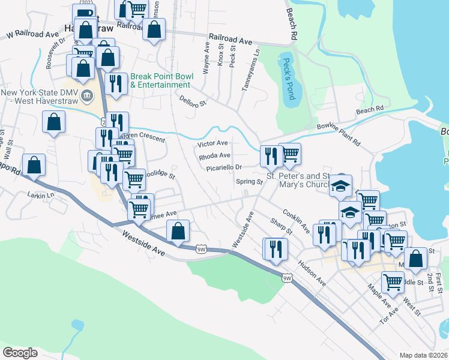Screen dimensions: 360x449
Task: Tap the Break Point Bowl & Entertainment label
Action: coord(160,80)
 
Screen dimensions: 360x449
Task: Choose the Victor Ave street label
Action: coord(212,144)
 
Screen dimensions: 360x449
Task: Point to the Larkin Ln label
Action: coord(40,194)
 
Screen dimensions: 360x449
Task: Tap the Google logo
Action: coord(20,353)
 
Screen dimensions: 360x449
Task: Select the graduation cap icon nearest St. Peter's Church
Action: coord(340,186)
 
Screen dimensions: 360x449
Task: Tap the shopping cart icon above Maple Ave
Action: coord(393,281)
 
